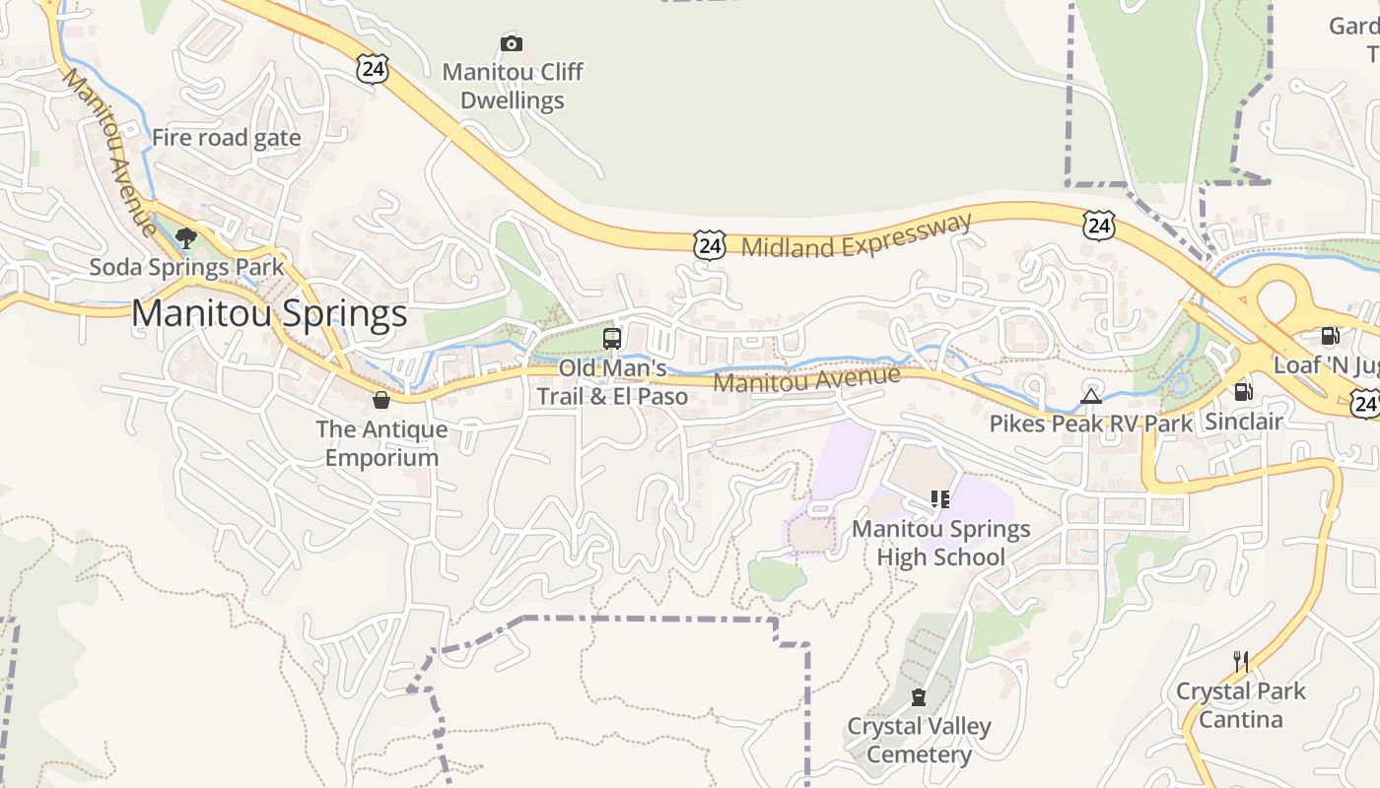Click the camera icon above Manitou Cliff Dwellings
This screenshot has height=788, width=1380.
[x=511, y=43]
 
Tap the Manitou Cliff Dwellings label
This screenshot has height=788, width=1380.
[x=512, y=86]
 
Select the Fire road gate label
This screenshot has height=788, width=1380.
[x=226, y=138]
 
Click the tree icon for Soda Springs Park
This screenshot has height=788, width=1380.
[x=185, y=237]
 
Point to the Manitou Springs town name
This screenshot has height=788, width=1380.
[x=269, y=313]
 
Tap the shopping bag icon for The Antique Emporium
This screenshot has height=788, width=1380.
[x=381, y=399]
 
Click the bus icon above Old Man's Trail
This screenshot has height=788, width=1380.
[x=612, y=339]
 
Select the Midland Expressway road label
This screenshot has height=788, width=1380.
[x=856, y=235]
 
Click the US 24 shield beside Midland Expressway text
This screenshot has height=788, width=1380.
[x=709, y=245]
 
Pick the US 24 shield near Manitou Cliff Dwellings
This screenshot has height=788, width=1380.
[x=373, y=69]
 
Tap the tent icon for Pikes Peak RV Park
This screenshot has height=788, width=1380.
[x=1090, y=396]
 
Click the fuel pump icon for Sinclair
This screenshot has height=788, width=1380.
[x=1244, y=391]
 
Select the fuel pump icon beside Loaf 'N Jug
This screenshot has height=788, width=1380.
[x=1330, y=336]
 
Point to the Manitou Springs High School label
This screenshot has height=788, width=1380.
[x=940, y=543]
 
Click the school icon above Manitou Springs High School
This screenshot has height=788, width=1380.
[x=939, y=499]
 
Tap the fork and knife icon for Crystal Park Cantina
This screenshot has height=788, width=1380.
[x=1241, y=661]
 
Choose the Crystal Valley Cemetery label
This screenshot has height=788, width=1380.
[x=919, y=741]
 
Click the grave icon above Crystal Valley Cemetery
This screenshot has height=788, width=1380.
[x=919, y=698]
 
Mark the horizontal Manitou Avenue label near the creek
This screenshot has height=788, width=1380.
[x=806, y=378]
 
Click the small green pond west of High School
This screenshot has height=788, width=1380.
[x=776, y=577]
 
